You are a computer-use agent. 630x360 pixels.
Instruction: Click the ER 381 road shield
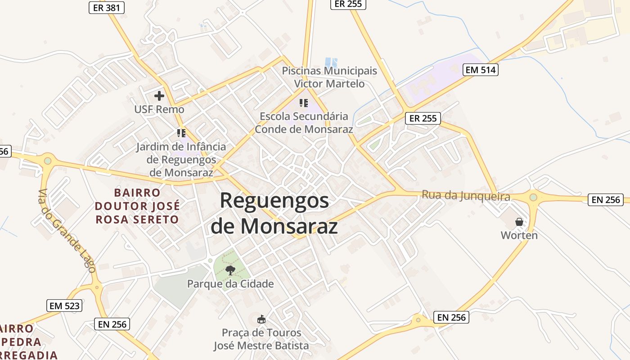tap(106, 7)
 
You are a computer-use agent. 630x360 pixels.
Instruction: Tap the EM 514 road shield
tap(481, 70)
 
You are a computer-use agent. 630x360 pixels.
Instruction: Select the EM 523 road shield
tap(64, 306)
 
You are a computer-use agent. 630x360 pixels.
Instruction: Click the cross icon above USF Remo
tap(159, 96)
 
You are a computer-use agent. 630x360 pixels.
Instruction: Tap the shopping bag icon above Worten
tap(519, 222)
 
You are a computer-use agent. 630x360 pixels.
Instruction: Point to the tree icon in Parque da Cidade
tap(230, 270)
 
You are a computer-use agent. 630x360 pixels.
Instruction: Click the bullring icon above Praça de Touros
tap(261, 319)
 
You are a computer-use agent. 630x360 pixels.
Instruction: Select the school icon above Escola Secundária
tap(304, 103)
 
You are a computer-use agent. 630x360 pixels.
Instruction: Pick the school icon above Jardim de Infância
tap(181, 133)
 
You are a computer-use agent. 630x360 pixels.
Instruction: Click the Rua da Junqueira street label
tap(466, 196)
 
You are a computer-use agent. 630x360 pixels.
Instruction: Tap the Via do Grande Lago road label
tap(67, 231)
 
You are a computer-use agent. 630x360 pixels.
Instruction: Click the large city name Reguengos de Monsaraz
tap(274, 213)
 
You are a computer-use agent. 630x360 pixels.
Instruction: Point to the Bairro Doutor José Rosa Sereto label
tap(137, 206)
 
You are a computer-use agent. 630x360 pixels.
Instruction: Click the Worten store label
tap(519, 235)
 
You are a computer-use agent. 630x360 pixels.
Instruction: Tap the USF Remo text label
tap(159, 109)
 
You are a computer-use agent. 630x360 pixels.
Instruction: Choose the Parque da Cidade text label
tap(230, 284)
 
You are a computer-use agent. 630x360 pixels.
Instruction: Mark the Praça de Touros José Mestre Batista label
tap(261, 339)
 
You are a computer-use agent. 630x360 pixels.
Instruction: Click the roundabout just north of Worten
tap(533, 197)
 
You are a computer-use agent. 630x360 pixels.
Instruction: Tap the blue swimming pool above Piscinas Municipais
tap(331, 62)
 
